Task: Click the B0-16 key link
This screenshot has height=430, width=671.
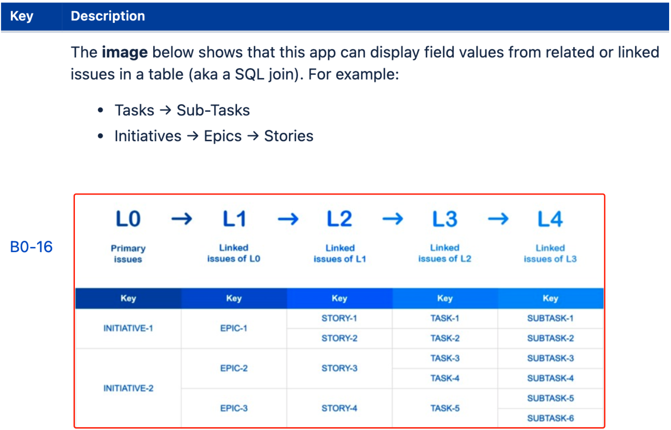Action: click(31, 247)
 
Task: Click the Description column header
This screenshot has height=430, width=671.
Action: click(108, 16)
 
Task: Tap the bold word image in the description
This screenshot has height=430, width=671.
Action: click(125, 53)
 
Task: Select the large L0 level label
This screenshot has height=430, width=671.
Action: click(128, 219)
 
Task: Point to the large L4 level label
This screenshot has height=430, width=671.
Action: click(550, 219)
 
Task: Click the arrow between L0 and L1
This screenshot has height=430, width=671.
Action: click(182, 219)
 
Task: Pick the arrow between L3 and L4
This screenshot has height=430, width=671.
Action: click(498, 219)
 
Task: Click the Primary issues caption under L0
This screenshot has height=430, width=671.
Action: click(128, 254)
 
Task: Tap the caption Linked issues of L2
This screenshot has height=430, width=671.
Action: click(445, 253)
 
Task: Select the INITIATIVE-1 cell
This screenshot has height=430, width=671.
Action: click(128, 328)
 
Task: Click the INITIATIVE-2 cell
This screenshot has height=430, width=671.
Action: click(128, 388)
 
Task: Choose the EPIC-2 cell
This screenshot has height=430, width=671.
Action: click(234, 368)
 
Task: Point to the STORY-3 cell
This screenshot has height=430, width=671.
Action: click(339, 368)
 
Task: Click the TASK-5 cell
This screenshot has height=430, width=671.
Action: click(445, 408)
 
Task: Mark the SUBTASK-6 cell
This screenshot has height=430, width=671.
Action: click(551, 418)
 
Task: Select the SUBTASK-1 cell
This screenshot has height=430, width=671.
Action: click(551, 318)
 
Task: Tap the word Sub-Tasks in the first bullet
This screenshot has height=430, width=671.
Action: click(213, 110)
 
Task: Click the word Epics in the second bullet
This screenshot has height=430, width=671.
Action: click(222, 137)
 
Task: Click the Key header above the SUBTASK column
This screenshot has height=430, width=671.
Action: click(550, 299)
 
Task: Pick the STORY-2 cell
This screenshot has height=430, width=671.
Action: click(339, 338)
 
